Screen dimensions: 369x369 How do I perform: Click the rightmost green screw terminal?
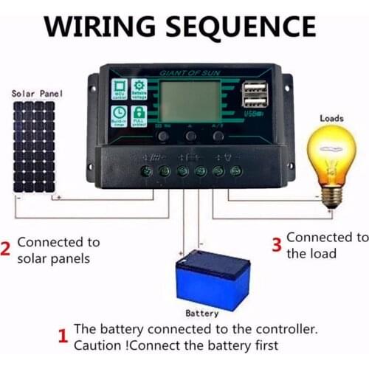point(235,171)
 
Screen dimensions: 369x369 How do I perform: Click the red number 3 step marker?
point(277,246)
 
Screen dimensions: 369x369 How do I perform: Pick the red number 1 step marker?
point(63,337)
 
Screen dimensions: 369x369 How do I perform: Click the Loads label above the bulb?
point(331,118)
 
